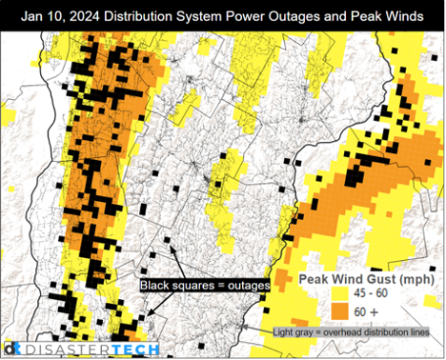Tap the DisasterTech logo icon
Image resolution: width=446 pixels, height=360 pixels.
click(11, 350)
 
